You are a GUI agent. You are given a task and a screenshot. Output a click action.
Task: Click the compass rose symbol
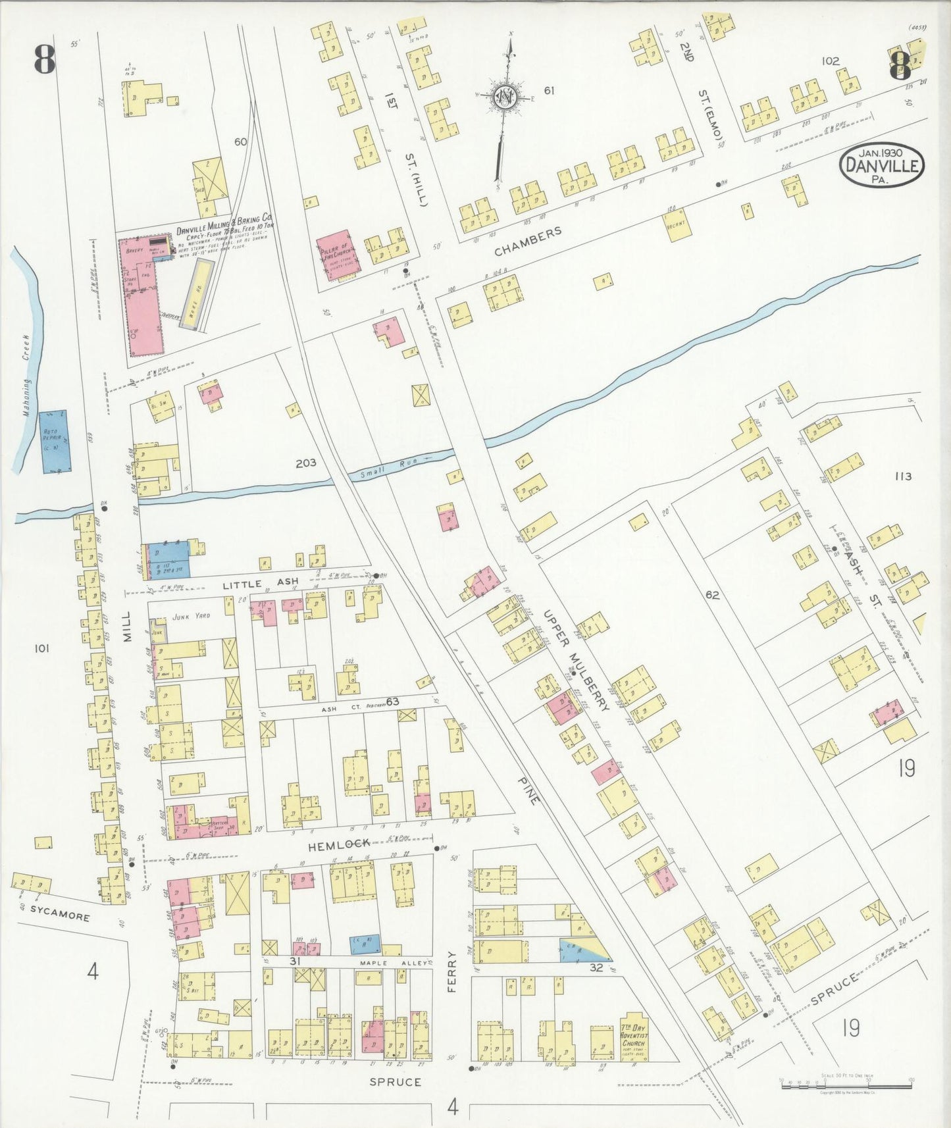pos(505,97)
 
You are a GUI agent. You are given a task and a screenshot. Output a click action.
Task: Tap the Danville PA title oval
pos(881,166)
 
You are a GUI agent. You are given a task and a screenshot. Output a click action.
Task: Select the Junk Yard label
pos(190,616)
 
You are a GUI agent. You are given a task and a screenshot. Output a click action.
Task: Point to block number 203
pos(305,463)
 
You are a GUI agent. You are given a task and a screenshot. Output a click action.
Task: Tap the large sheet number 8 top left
pos(45,61)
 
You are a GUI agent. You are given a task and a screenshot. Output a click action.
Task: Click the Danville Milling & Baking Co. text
pos(224,231)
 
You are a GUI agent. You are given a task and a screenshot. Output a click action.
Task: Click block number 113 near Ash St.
pos(903,476)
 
